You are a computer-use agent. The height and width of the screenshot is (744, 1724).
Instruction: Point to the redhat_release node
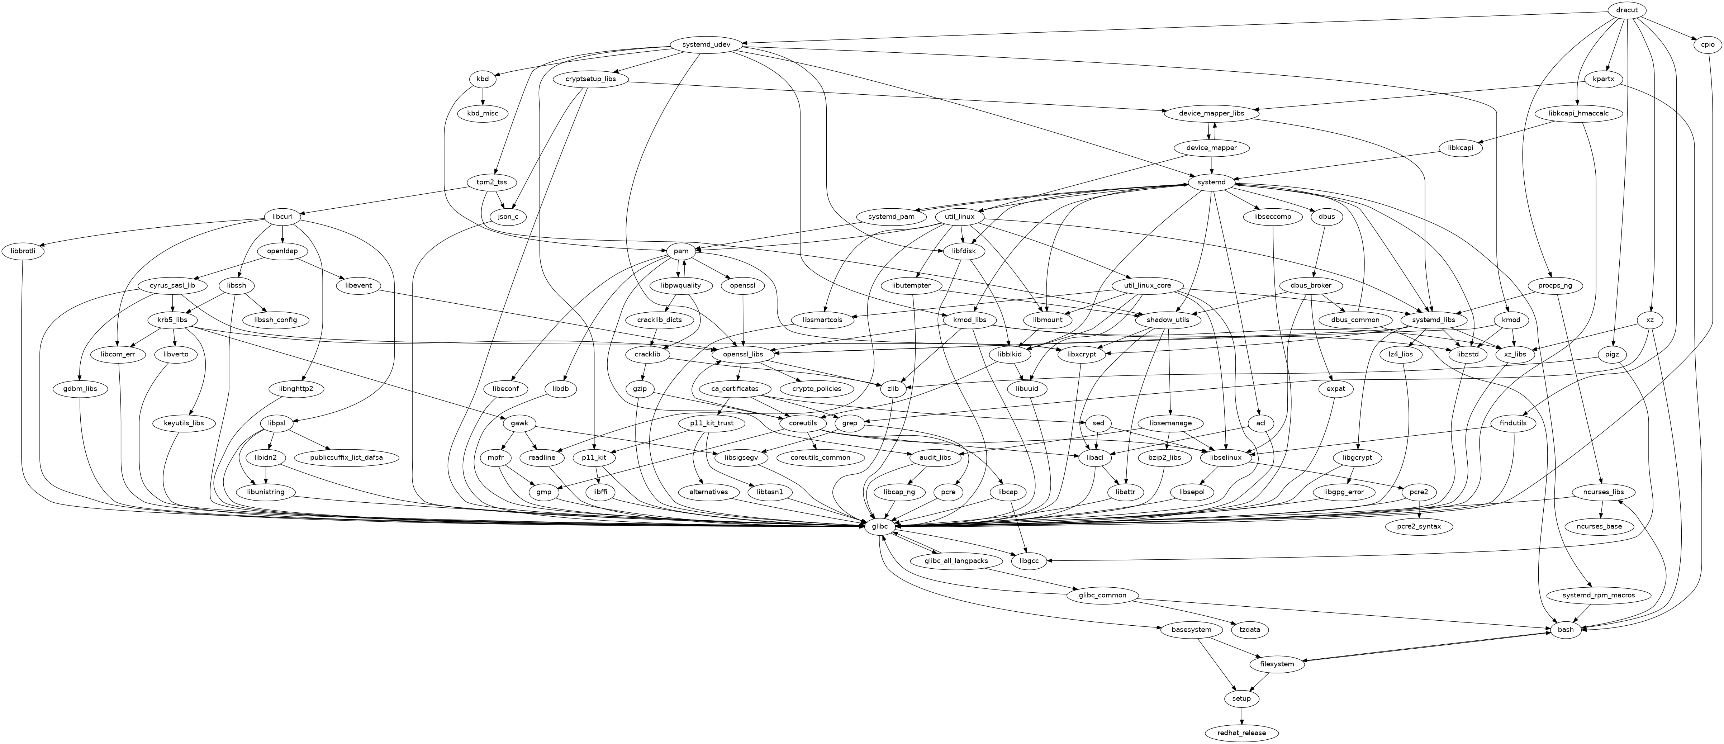click(1241, 733)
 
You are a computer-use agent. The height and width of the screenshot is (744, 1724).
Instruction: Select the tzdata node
click(1249, 630)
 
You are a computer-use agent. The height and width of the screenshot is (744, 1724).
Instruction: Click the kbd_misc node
click(483, 113)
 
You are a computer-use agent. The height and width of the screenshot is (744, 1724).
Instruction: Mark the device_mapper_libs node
click(1212, 113)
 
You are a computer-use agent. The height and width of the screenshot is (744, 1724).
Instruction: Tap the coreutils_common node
click(820, 458)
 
